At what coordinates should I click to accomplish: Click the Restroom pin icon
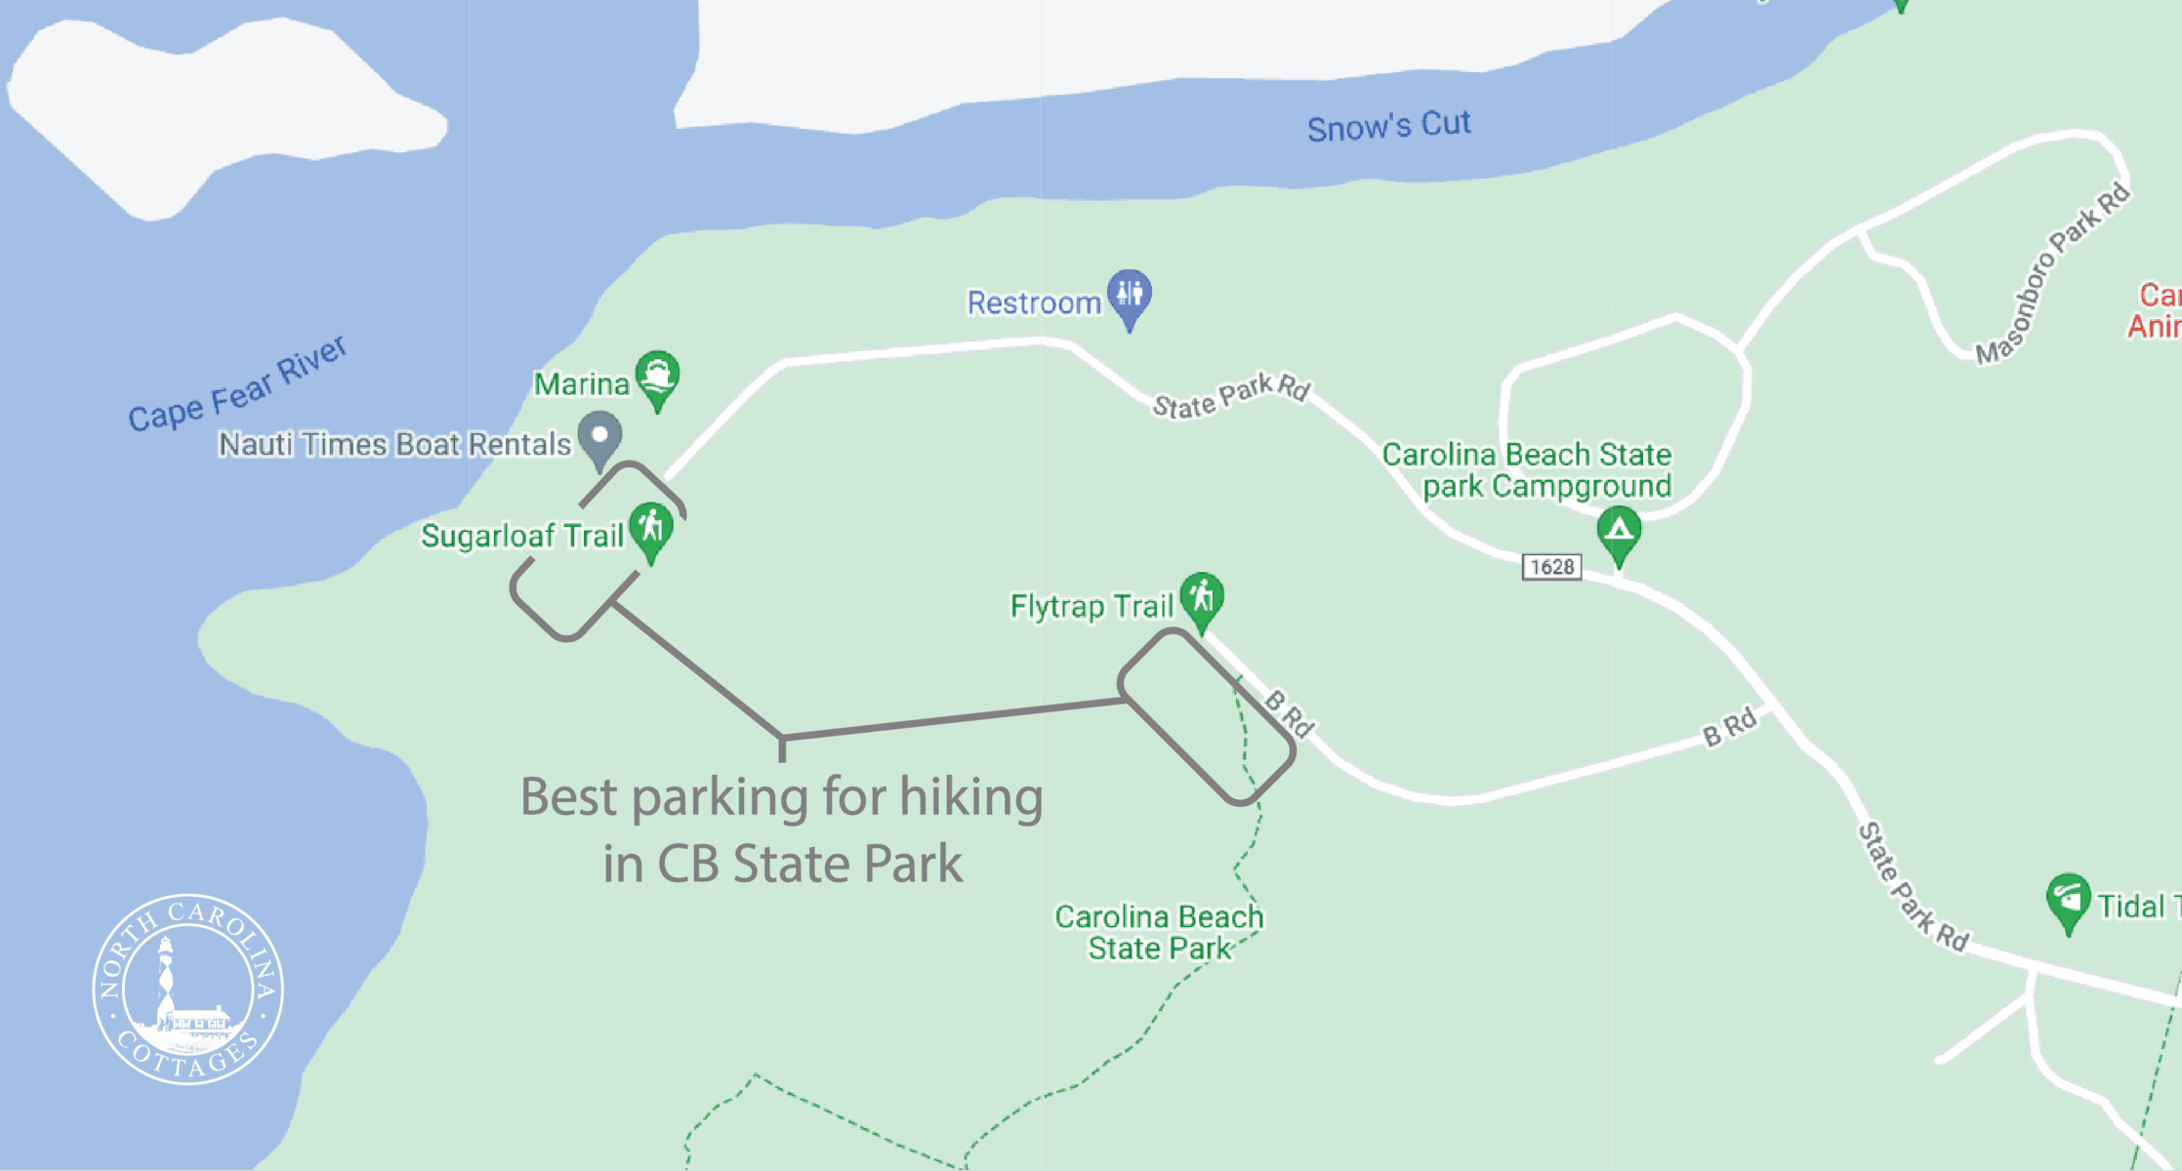[x=1130, y=295]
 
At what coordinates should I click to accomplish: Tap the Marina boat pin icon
[x=657, y=377]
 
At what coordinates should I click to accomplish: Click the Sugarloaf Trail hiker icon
[x=651, y=529]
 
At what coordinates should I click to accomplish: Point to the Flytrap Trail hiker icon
[x=1202, y=597]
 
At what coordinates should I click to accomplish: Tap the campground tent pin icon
[x=1619, y=532]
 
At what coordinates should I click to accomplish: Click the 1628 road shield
[x=1551, y=567]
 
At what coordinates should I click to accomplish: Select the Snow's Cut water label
[x=1388, y=126]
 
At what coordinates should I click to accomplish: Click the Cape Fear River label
[x=237, y=384]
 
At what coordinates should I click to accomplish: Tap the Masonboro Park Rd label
[x=2051, y=274]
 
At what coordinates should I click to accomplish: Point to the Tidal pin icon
[x=2067, y=899]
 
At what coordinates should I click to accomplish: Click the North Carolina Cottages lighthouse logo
[x=187, y=989]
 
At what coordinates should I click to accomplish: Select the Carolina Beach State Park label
[x=1159, y=932]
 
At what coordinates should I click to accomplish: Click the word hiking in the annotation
[x=970, y=797]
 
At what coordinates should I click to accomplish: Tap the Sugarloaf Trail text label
[x=521, y=536]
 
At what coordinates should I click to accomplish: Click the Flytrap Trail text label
[x=1091, y=606]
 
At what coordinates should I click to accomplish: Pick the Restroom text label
[x=1034, y=303]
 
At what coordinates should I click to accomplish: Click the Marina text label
[x=581, y=384]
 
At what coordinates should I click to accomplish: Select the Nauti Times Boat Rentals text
[x=393, y=445]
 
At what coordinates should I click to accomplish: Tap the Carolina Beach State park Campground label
[x=1526, y=469]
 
